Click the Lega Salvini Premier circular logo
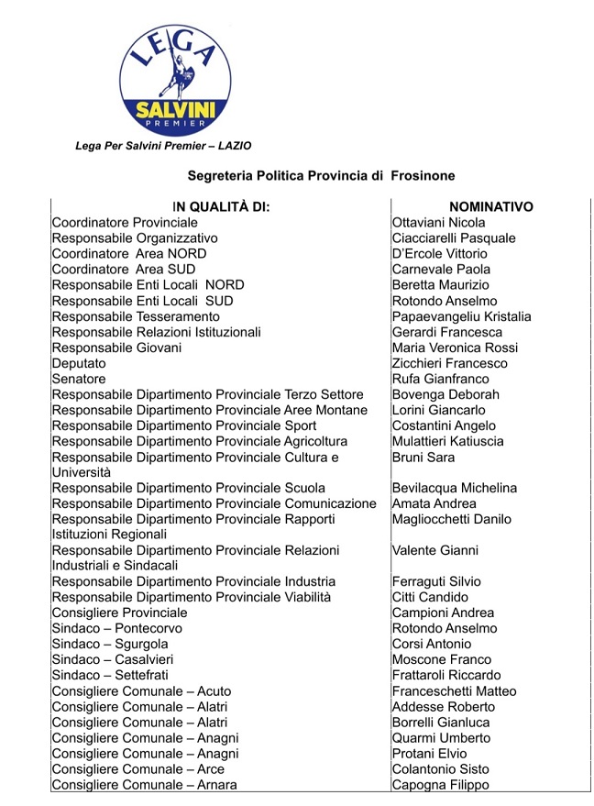pos(173,81)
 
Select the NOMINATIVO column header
pos(490,207)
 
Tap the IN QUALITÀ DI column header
pos(221,207)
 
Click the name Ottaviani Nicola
pos(438,223)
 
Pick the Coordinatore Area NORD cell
pos(129,254)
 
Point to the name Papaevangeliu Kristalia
pos(461,316)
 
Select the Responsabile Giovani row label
pos(116,348)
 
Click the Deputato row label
pos(79,363)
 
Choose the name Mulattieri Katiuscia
pos(447,441)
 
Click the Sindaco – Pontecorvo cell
pos(117,628)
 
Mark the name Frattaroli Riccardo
pos(445,675)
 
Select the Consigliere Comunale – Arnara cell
pos(144,784)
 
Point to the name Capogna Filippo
pos(440,784)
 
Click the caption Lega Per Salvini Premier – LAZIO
pos(163,146)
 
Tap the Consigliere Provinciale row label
pos(119,613)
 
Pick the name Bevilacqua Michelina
pos(454,488)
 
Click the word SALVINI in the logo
pos(173,111)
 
